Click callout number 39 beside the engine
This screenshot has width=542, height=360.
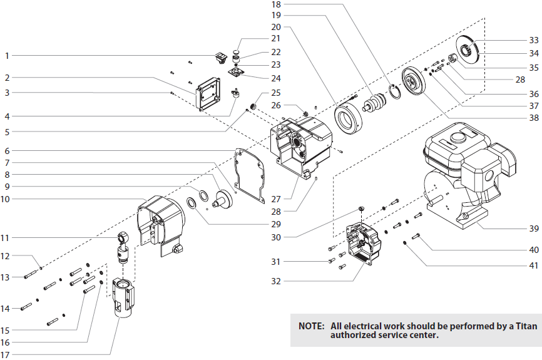pyautogui.click(x=533, y=228)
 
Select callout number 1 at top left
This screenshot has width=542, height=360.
pyautogui.click(x=7, y=56)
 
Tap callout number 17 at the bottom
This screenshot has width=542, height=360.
pyautogui.click(x=7, y=356)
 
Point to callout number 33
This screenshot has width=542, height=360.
pyautogui.click(x=533, y=39)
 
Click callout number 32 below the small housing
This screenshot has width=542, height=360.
pyautogui.click(x=277, y=282)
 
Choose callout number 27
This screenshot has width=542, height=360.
pyautogui.click(x=275, y=199)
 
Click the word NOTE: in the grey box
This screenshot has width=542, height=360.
pyautogui.click(x=311, y=326)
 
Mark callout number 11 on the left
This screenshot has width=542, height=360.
pyautogui.click(x=7, y=237)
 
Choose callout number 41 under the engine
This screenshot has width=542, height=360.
pyautogui.click(x=533, y=265)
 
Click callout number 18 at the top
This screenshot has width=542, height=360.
pyautogui.click(x=276, y=4)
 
